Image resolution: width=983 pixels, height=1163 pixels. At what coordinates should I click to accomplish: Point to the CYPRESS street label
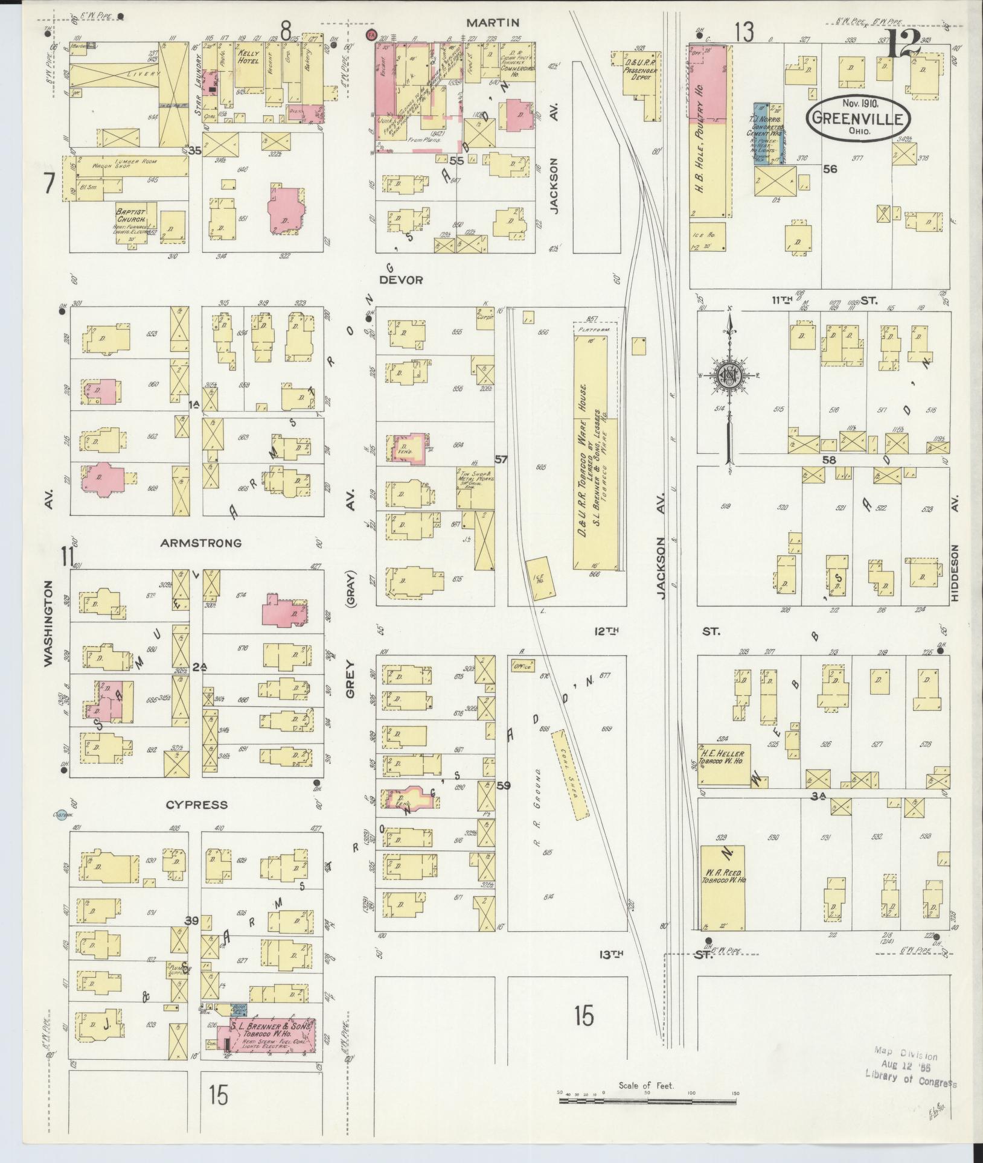point(197,805)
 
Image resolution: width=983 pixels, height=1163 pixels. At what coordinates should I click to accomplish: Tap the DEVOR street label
point(401,280)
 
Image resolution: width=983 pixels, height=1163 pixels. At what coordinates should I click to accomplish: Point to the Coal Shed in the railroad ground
point(570,776)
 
